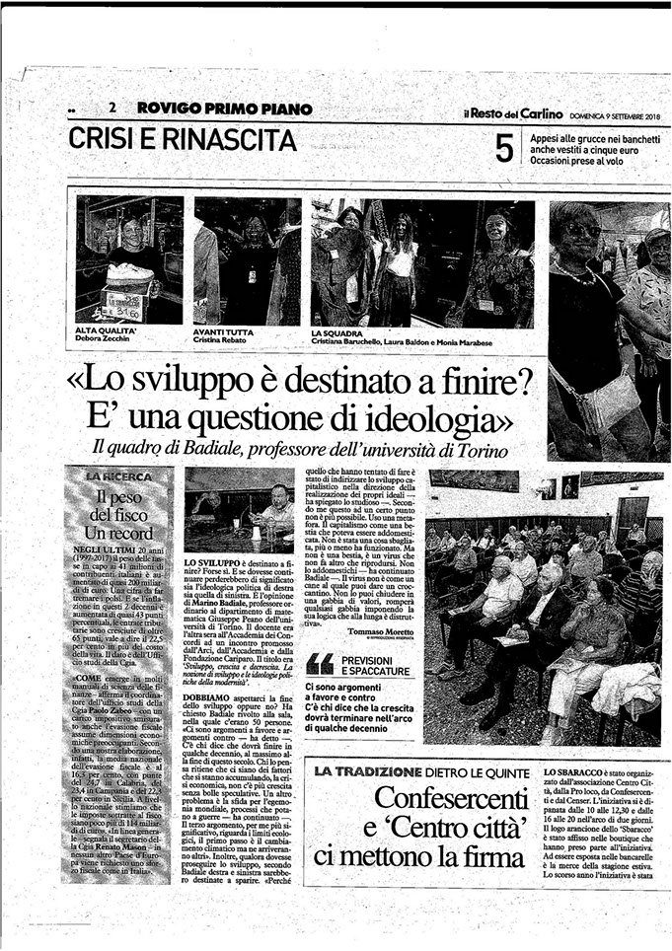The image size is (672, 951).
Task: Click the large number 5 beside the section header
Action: point(504,149)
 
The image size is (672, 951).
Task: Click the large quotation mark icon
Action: point(320,664)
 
